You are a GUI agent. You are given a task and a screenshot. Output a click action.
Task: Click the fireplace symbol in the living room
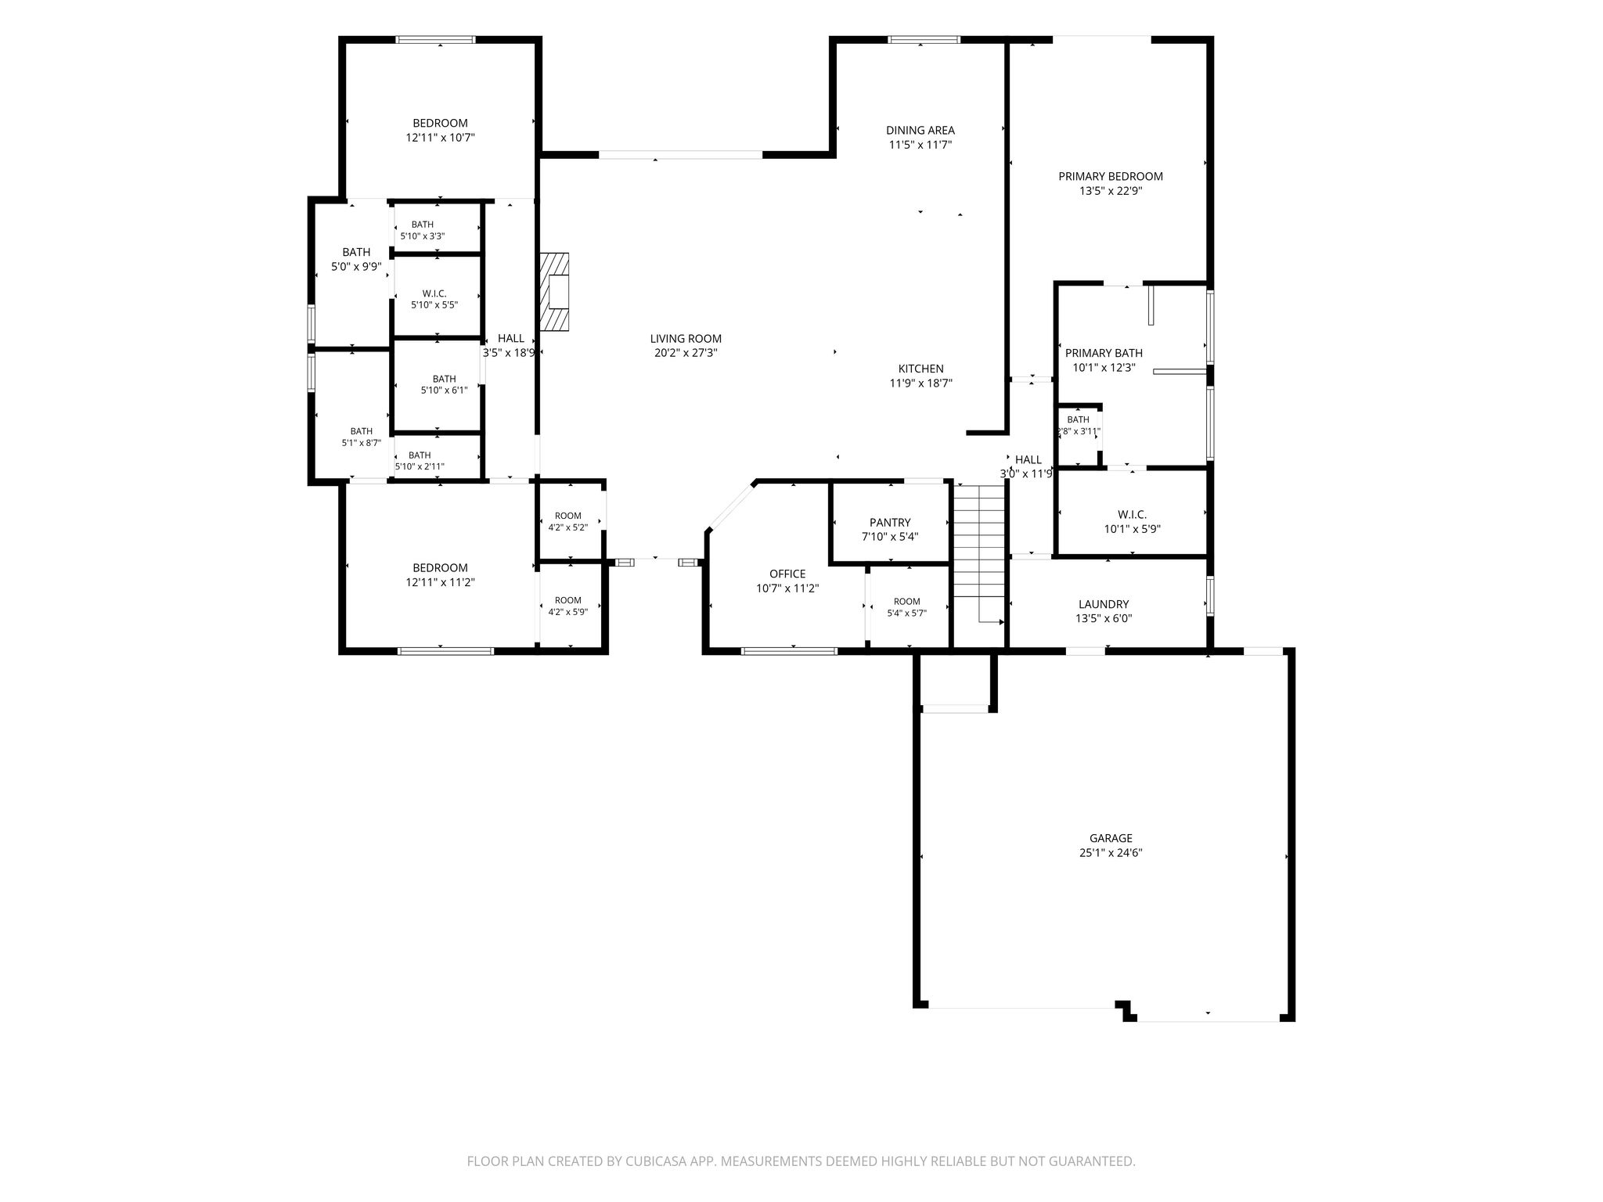click(x=554, y=291)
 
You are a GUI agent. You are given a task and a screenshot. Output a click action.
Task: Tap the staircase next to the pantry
click(x=978, y=554)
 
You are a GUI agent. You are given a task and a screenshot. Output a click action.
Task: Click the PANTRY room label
click(x=890, y=523)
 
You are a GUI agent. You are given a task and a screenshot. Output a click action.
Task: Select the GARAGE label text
click(x=1111, y=838)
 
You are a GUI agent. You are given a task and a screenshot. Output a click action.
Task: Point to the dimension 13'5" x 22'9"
click(x=1111, y=191)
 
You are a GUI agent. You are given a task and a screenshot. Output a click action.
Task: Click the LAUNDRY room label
click(x=1104, y=604)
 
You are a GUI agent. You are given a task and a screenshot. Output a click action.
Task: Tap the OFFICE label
click(x=787, y=574)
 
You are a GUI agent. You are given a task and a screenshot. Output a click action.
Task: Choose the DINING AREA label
click(x=920, y=130)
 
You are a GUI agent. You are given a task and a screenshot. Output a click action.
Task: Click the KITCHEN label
click(x=920, y=369)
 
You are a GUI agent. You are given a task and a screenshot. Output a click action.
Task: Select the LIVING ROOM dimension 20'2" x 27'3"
click(x=686, y=353)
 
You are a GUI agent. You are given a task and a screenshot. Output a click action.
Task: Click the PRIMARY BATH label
click(x=1104, y=353)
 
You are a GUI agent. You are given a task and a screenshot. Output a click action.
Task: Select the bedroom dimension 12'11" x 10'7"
click(x=440, y=138)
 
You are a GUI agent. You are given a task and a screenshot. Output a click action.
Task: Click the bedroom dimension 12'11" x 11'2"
click(x=440, y=582)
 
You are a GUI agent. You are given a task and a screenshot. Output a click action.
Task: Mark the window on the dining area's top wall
click(x=924, y=40)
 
